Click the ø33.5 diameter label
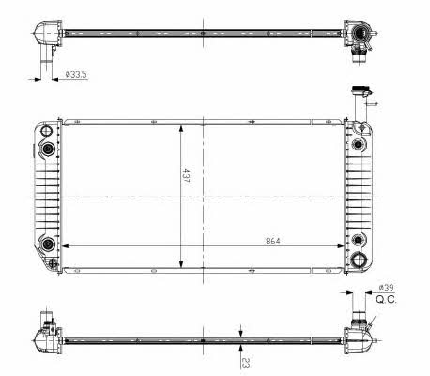click(x=76, y=74)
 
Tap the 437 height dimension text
click(x=186, y=176)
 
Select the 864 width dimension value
click(x=273, y=241)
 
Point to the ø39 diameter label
click(x=386, y=288)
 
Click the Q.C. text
click(x=386, y=300)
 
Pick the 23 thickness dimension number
click(x=246, y=363)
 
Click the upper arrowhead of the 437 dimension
click(x=181, y=130)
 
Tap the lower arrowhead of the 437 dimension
click(x=181, y=263)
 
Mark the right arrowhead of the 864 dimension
click(x=340, y=246)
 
